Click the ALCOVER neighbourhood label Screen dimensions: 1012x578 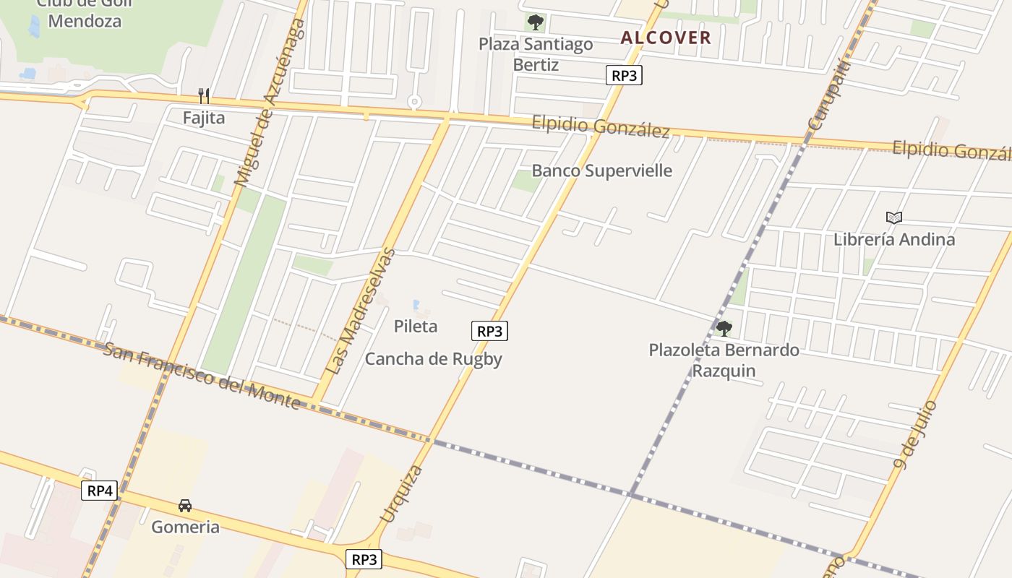pyautogui.click(x=666, y=38)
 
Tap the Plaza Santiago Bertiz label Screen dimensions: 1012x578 pyautogui.click(x=536, y=54)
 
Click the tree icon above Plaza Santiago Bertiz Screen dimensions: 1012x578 pyautogui.click(x=536, y=22)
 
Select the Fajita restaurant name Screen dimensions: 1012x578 pyautogui.click(x=204, y=118)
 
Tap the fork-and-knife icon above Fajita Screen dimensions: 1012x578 pyautogui.click(x=204, y=96)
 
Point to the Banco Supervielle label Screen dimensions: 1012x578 pyautogui.click(x=601, y=171)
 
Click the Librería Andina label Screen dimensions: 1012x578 pyautogui.click(x=894, y=239)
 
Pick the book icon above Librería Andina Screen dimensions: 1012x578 pyautogui.click(x=894, y=217)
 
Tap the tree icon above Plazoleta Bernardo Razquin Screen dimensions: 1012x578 pyautogui.click(x=724, y=329)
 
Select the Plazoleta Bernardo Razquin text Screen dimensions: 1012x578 pyautogui.click(x=724, y=361)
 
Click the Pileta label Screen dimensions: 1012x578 pyautogui.click(x=416, y=326)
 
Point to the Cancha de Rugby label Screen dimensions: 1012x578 pyautogui.click(x=433, y=358)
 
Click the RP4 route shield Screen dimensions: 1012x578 pyautogui.click(x=99, y=491)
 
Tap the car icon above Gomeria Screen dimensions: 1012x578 pyautogui.click(x=185, y=506)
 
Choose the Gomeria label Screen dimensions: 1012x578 pyautogui.click(x=185, y=527)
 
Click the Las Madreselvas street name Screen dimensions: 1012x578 pyautogui.click(x=359, y=311)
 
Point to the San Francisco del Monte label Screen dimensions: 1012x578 pyautogui.click(x=202, y=376)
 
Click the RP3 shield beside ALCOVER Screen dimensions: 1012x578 pyautogui.click(x=624, y=75)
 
